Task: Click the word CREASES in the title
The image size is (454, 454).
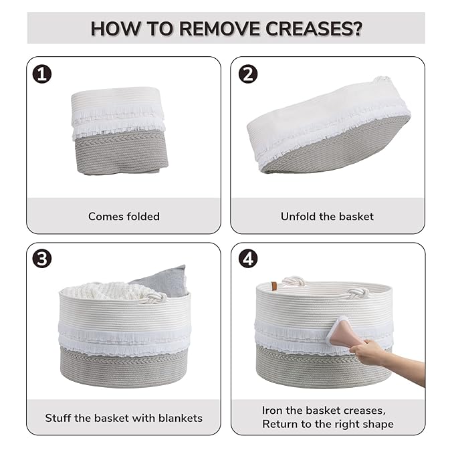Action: (314, 28)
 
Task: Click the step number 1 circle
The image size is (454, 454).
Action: (42, 74)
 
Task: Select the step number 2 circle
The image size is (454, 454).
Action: (248, 74)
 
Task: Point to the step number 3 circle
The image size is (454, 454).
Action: (42, 258)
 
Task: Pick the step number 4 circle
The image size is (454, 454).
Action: (248, 258)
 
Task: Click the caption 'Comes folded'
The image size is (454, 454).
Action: (124, 216)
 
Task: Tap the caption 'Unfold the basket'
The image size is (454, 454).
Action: (327, 216)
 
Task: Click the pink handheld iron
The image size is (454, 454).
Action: (341, 332)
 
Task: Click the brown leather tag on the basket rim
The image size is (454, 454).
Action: (274, 286)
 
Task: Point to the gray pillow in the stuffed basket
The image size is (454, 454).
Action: (165, 281)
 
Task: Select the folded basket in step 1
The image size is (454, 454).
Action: (119, 131)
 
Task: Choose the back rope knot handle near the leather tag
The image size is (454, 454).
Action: (294, 281)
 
